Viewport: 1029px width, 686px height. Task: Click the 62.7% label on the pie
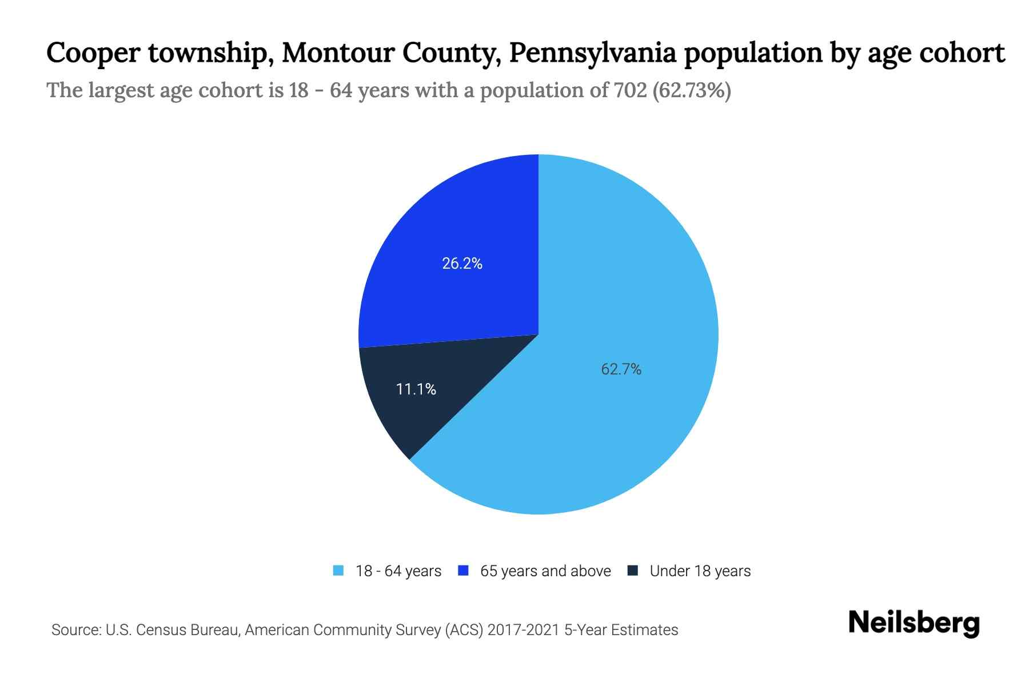tap(621, 369)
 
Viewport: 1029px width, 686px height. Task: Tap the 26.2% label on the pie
tap(462, 264)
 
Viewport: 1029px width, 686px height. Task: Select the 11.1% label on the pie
tap(416, 389)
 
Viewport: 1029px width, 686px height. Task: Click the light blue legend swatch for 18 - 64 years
tap(338, 571)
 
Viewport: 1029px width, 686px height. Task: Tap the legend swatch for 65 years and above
tap(463, 571)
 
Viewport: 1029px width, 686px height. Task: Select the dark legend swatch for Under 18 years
tap(632, 571)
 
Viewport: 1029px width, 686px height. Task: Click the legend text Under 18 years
tap(700, 571)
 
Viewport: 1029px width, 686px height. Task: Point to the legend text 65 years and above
tap(545, 571)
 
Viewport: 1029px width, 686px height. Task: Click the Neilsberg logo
tap(914, 623)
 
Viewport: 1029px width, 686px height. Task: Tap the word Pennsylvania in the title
tap(592, 54)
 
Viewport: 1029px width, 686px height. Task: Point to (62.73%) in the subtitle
tap(692, 90)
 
